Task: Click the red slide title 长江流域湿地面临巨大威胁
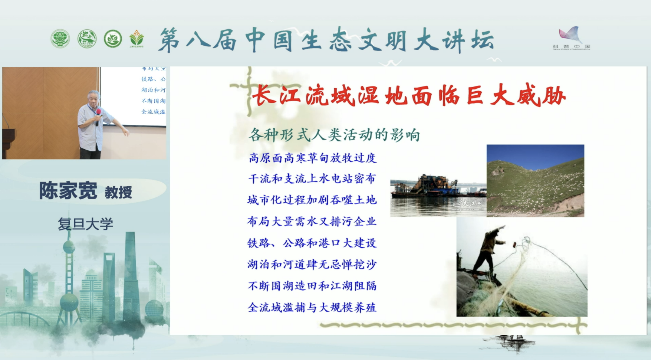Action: pyautogui.click(x=408, y=96)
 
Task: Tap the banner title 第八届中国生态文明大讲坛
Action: pyautogui.click(x=326, y=40)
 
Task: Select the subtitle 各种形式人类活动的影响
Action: pyautogui.click(x=334, y=135)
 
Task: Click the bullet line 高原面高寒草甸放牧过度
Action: pyautogui.click(x=312, y=158)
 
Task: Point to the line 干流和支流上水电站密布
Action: pyautogui.click(x=312, y=179)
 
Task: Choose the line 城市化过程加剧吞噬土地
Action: pyautogui.click(x=312, y=200)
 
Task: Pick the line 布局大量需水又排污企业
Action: pyautogui.click(x=312, y=222)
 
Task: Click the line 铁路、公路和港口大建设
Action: pyautogui.click(x=312, y=243)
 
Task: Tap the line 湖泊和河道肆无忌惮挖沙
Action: pyautogui.click(x=312, y=264)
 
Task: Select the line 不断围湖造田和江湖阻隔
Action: pyautogui.click(x=312, y=286)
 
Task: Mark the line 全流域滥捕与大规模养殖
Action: pyautogui.click(x=312, y=307)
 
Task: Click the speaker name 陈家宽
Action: pyautogui.click(x=68, y=191)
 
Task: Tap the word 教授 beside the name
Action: pyautogui.click(x=118, y=193)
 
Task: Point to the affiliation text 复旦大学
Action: pyautogui.click(x=85, y=224)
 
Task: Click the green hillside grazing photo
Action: pyautogui.click(x=535, y=181)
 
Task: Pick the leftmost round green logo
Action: pyautogui.click(x=60, y=39)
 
